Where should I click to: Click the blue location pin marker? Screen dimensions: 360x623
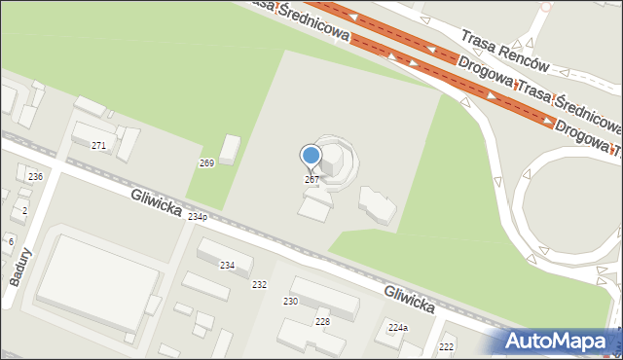pyautogui.click(x=311, y=156)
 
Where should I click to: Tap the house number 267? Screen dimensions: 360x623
pyautogui.click(x=311, y=180)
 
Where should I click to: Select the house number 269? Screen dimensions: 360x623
pyautogui.click(x=206, y=162)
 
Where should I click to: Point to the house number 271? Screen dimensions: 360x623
pyautogui.click(x=98, y=145)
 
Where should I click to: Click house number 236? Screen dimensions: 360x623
pyautogui.click(x=35, y=176)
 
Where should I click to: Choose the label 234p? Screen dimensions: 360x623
pyautogui.click(x=198, y=216)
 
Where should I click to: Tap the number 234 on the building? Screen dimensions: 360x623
pyautogui.click(x=227, y=265)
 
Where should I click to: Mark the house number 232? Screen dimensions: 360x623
pyautogui.click(x=259, y=284)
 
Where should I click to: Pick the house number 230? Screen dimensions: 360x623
pyautogui.click(x=291, y=302)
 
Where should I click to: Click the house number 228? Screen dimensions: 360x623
pyautogui.click(x=322, y=321)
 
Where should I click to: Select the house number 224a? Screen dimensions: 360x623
pyautogui.click(x=397, y=328)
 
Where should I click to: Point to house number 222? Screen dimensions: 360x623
pyautogui.click(x=447, y=347)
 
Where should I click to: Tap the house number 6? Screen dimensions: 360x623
pyautogui.click(x=11, y=240)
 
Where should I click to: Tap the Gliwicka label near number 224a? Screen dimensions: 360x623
pyautogui.click(x=408, y=300)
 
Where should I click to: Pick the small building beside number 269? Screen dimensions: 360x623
pyautogui.click(x=230, y=149)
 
